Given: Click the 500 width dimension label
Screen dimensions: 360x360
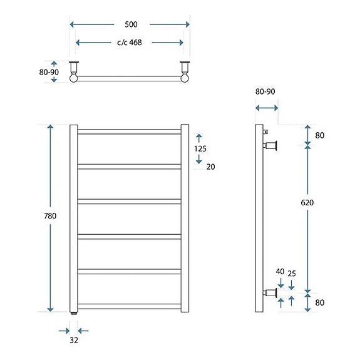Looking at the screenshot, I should (131, 24).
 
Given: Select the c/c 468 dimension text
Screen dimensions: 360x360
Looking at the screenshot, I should (129, 43).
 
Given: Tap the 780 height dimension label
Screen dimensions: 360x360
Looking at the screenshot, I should (50, 216).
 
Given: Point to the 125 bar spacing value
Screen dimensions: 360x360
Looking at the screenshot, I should (200, 148).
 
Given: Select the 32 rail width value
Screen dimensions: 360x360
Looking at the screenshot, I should (74, 341).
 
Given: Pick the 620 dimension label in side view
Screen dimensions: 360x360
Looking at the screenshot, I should (307, 203).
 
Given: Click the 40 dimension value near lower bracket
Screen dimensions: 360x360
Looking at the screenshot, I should (280, 272).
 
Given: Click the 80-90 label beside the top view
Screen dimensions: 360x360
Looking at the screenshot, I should (49, 72).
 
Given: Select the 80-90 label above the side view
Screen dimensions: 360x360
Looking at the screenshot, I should (265, 91).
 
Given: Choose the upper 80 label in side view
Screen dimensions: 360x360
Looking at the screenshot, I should (319, 135).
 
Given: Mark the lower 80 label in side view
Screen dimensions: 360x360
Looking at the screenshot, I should (319, 304).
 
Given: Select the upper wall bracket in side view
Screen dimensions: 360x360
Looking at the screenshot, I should (271, 146).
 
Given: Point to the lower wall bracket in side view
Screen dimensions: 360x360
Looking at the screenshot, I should (271, 292).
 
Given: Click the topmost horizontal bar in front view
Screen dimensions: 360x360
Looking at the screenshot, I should (130, 131).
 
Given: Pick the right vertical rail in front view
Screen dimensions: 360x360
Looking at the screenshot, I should (185, 218).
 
